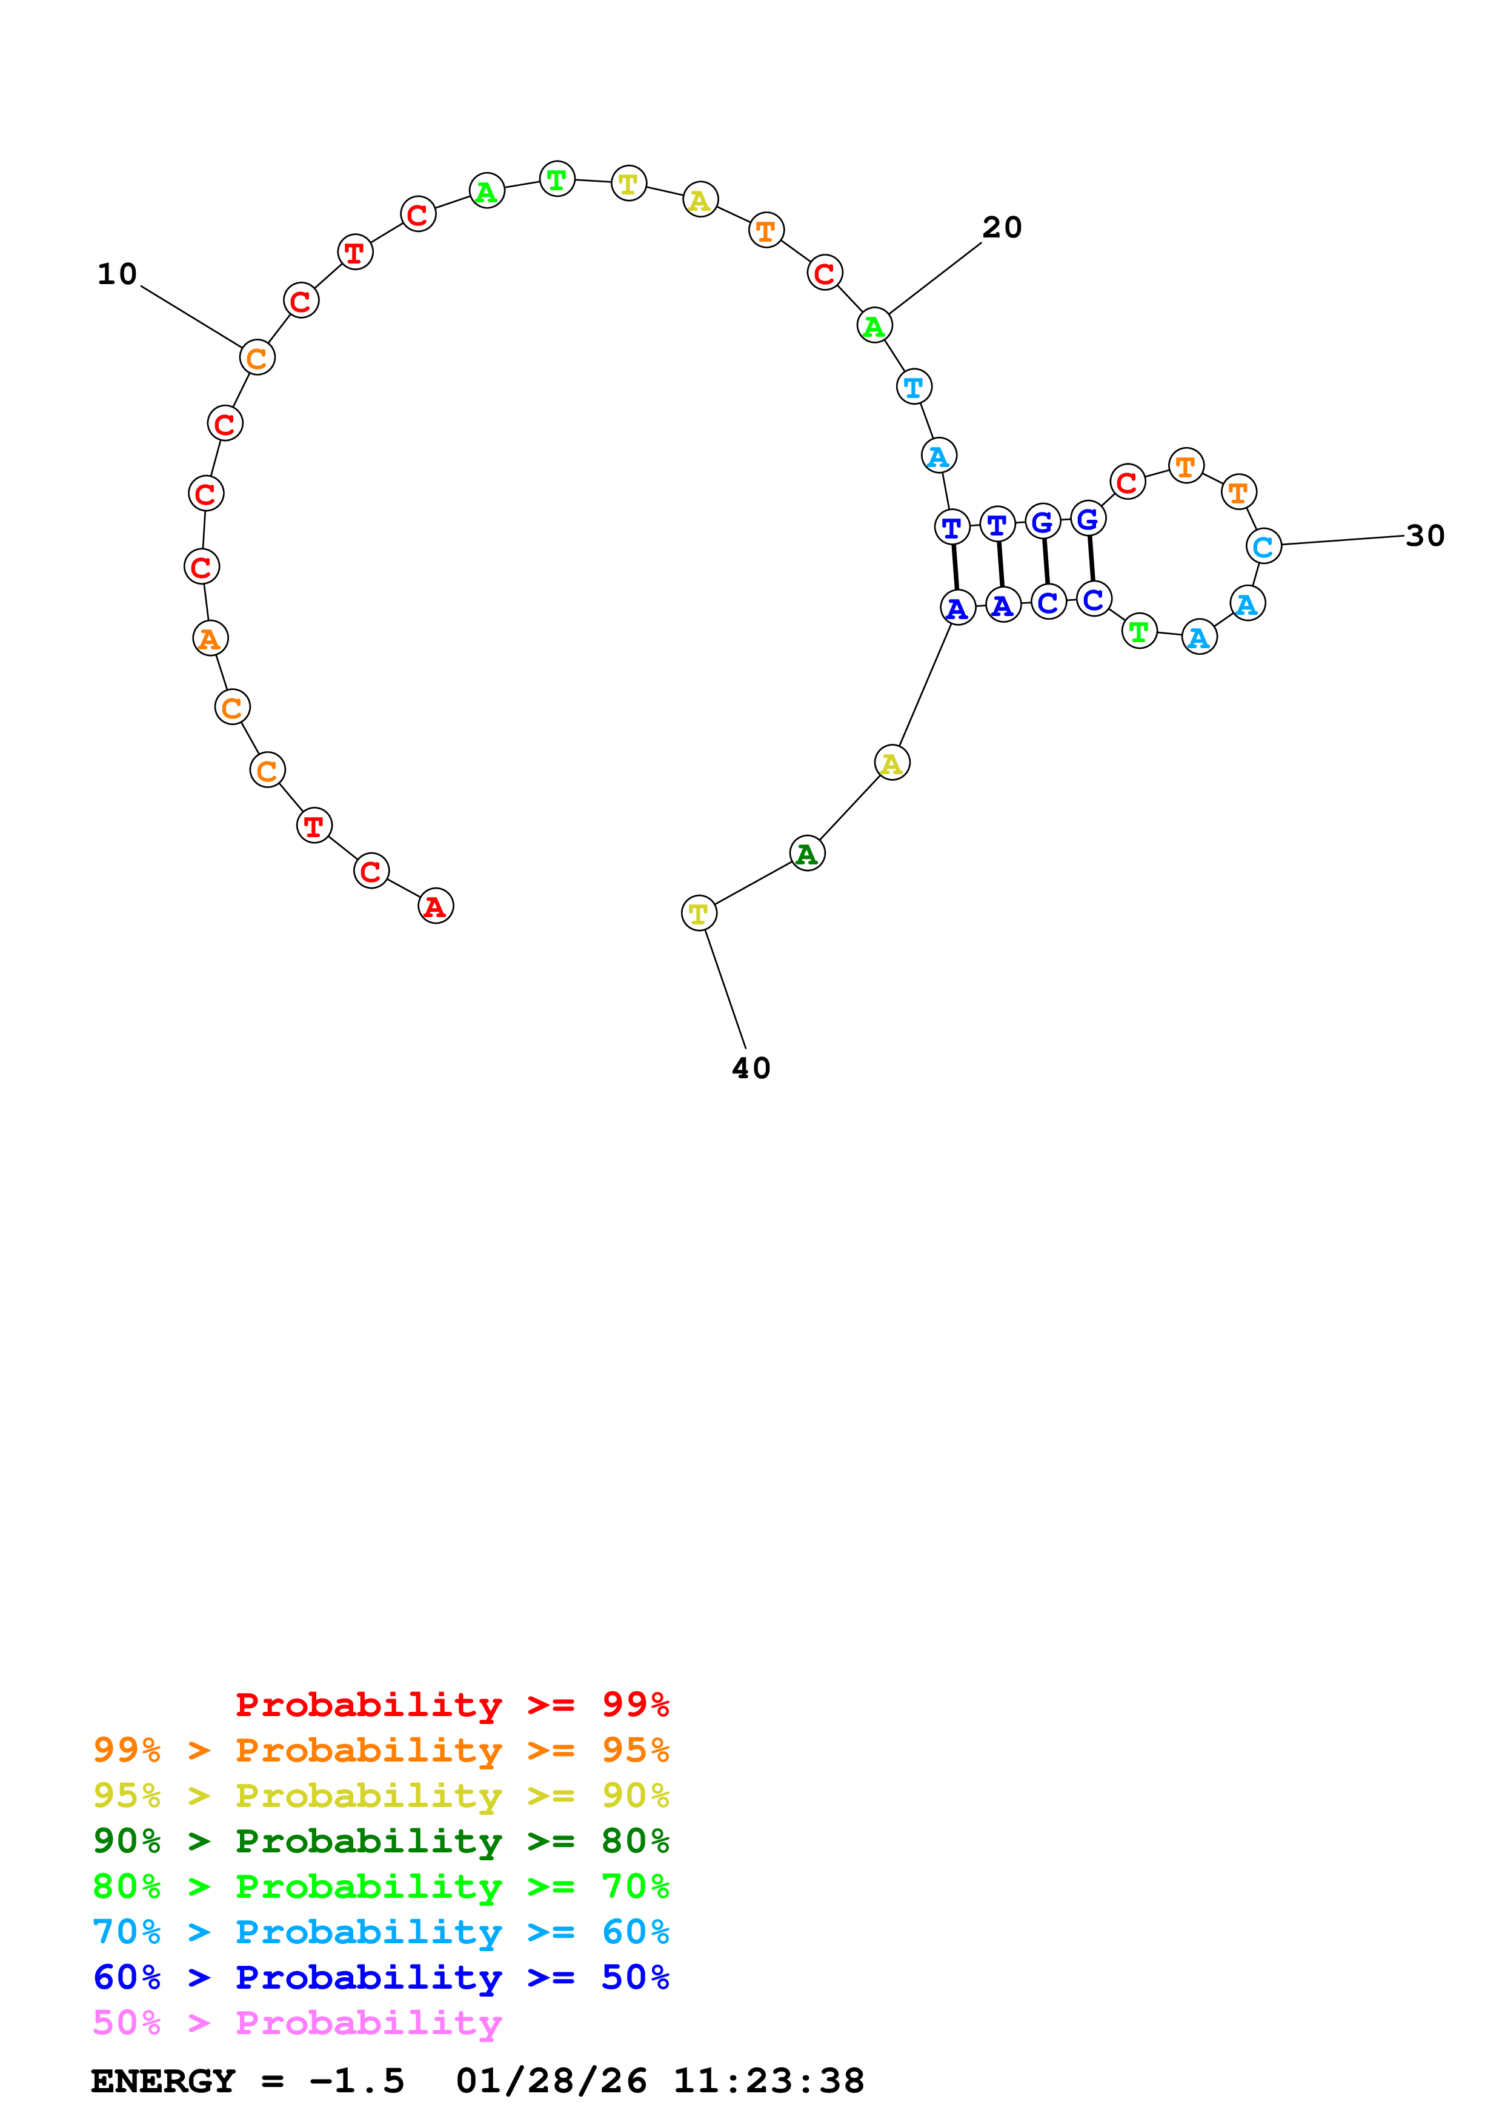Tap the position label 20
(1002, 228)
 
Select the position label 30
(1424, 536)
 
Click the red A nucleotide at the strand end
(436, 906)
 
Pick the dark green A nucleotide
(807, 854)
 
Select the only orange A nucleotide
(210, 638)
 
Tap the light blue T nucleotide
(914, 387)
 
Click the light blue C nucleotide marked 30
(1263, 546)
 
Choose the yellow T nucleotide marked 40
(699, 913)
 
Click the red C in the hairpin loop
(1126, 482)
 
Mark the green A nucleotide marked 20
(874, 326)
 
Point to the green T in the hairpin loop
(1139, 631)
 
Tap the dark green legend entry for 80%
(380, 1841)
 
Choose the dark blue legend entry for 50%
(380, 1978)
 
